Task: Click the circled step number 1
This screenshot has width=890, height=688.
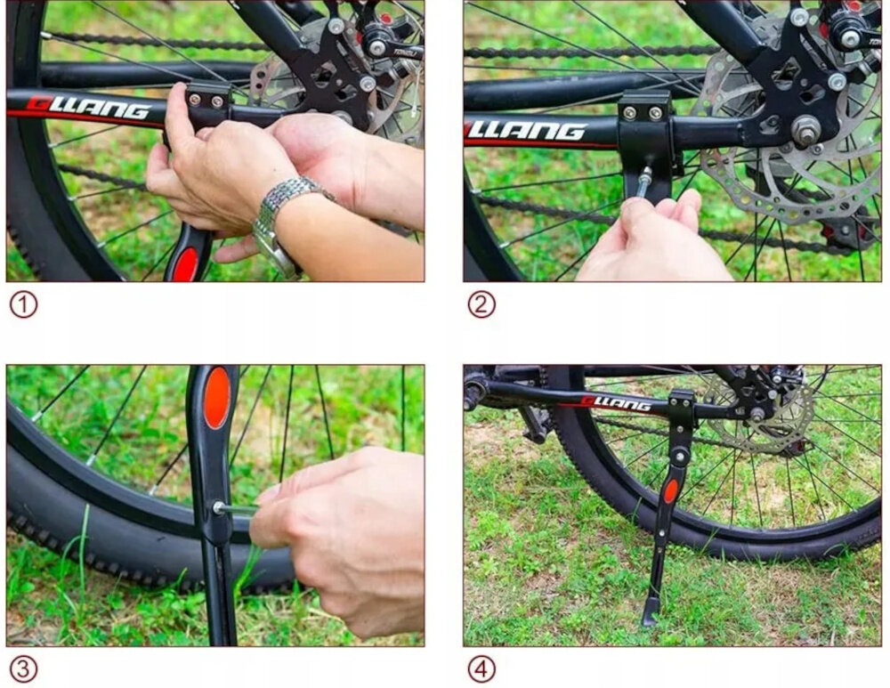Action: [x=23, y=305]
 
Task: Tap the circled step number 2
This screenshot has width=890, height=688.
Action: [x=481, y=305]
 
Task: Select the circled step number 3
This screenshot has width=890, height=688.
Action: [x=23, y=668]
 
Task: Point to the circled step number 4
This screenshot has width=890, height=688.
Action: [x=481, y=668]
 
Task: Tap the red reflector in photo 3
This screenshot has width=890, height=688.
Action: [x=216, y=398]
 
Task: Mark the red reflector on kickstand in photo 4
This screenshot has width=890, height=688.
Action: [x=671, y=490]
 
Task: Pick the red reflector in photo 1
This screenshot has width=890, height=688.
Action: [x=186, y=264]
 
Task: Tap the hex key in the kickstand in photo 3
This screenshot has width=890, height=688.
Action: [x=233, y=508]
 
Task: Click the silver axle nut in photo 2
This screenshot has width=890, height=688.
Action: [x=806, y=131]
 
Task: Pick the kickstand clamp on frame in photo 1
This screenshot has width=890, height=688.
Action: [x=208, y=102]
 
